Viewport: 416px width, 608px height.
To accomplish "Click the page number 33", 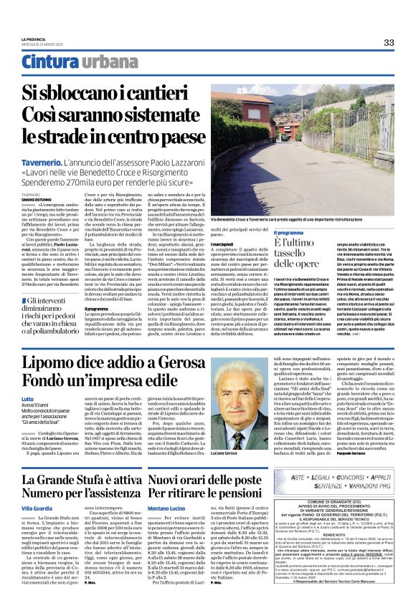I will click(x=389, y=42).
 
